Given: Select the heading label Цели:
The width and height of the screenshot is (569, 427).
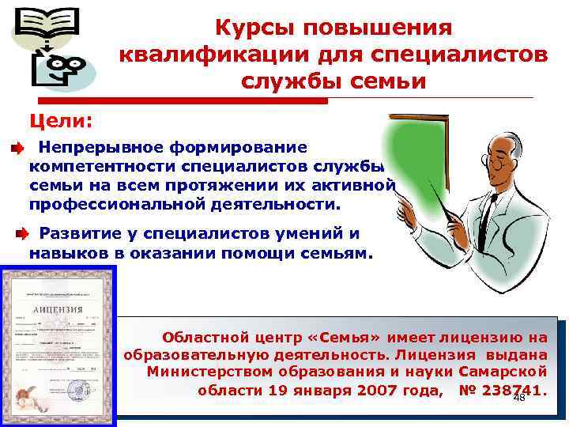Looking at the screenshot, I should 61,120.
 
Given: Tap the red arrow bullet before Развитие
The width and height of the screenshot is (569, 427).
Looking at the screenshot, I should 24,233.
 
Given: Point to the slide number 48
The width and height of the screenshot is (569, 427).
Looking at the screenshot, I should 519,399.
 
